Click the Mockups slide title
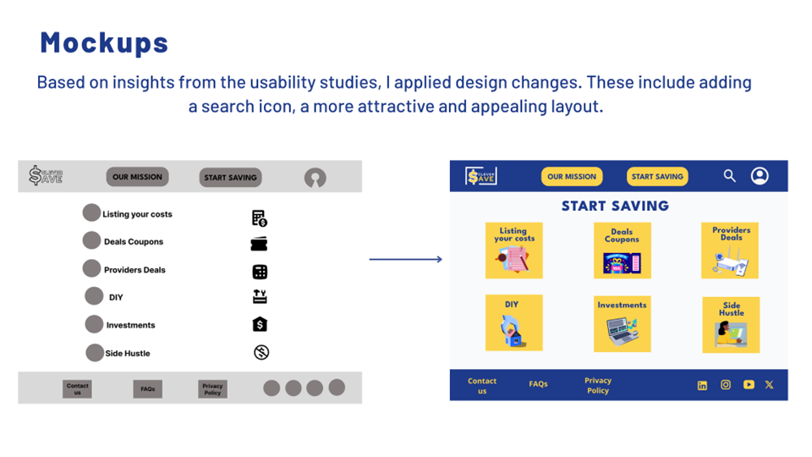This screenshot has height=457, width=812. (x=104, y=42)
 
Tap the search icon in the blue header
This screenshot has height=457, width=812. (x=729, y=176)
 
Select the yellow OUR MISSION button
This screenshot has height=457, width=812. (x=572, y=177)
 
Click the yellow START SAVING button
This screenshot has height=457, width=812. (x=657, y=177)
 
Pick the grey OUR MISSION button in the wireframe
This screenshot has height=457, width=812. (x=137, y=177)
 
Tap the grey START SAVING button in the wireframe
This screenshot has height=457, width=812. (x=230, y=178)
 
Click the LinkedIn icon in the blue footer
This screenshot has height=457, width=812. (x=702, y=385)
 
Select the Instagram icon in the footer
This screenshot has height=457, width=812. (x=725, y=384)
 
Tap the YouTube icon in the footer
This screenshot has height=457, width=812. (x=749, y=384)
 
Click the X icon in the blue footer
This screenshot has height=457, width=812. (x=769, y=384)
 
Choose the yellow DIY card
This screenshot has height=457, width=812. (x=513, y=322)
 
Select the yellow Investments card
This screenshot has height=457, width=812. (x=622, y=323)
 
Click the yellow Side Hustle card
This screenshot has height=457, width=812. (x=731, y=324)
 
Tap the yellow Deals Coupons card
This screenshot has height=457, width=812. (x=622, y=251)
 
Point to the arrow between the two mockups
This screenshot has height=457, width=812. (x=406, y=259)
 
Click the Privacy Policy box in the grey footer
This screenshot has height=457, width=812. (x=212, y=389)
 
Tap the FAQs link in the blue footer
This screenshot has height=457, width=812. (x=538, y=384)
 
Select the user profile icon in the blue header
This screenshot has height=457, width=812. (x=760, y=176)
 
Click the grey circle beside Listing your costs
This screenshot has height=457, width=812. (x=91, y=213)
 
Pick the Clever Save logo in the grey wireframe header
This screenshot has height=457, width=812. (x=46, y=176)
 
